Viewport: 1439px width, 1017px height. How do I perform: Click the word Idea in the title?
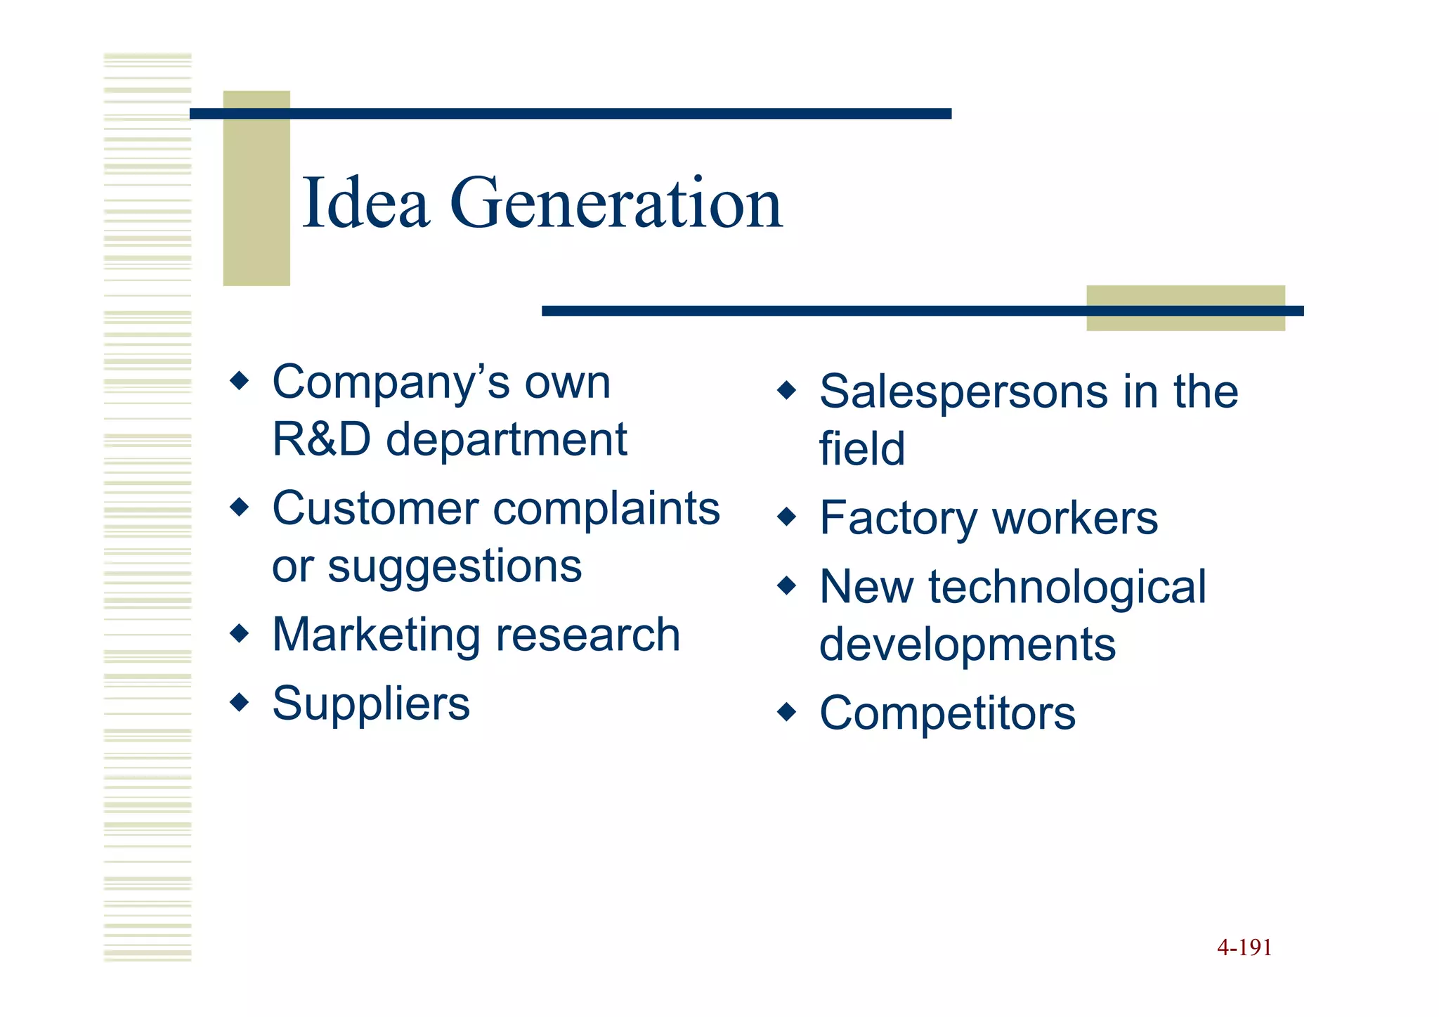coord(365,203)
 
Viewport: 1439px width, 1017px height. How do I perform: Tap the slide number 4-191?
coord(1244,947)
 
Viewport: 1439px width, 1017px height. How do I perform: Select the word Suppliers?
coord(371,703)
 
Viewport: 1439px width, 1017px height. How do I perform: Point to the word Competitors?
coord(947,713)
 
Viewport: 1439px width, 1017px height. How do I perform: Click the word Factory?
coord(899,519)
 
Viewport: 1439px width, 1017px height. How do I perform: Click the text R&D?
coord(321,439)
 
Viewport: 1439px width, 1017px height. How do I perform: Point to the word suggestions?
coord(455,566)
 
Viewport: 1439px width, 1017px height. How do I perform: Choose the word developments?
coord(967,644)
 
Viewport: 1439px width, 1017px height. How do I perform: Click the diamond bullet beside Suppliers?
coord(240,701)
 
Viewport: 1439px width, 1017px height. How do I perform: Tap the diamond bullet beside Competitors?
coord(787,712)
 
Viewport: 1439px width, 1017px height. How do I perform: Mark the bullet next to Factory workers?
coord(787,517)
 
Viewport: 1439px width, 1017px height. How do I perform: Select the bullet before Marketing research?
coord(240,633)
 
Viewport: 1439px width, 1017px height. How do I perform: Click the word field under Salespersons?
coord(862,448)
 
